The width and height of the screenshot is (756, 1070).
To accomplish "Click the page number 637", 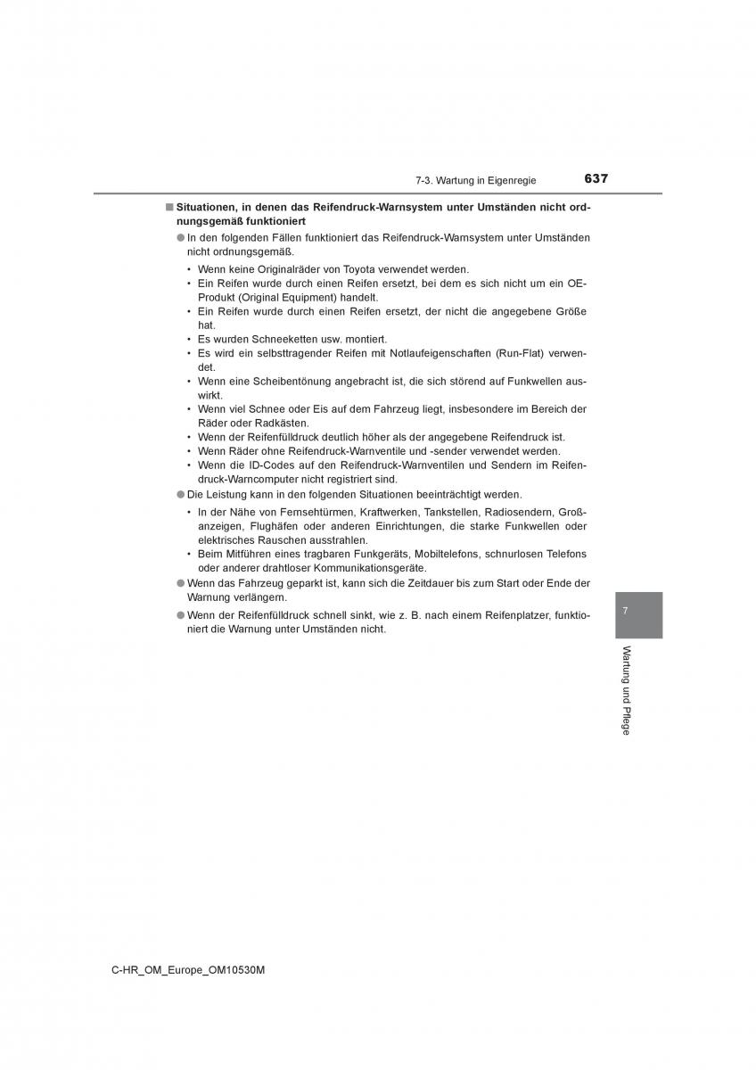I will [596, 178].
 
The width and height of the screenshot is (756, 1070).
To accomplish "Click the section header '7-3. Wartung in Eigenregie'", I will [475, 180].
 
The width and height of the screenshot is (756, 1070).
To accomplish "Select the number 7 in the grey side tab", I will [626, 611].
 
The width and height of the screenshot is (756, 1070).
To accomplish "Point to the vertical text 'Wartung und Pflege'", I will [626, 690].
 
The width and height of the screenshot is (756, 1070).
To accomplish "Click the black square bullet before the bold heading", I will [168, 207].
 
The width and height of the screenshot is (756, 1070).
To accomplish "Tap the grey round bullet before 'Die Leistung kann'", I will [179, 494].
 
